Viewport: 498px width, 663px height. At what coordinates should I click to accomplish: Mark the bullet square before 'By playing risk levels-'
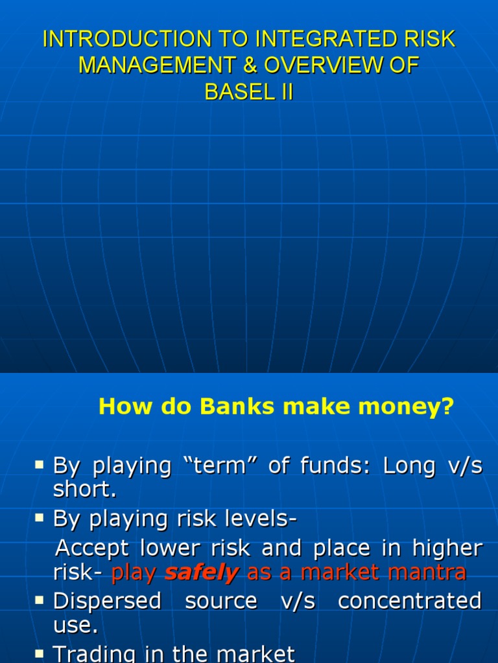[x=40, y=517]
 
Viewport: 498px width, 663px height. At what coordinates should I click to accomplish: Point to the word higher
[x=447, y=548]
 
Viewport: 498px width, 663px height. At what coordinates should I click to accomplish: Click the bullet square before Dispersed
[x=40, y=600]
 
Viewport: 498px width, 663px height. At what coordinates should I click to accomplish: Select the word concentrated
[x=410, y=601]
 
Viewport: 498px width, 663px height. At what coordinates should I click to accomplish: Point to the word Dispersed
[x=107, y=601]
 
